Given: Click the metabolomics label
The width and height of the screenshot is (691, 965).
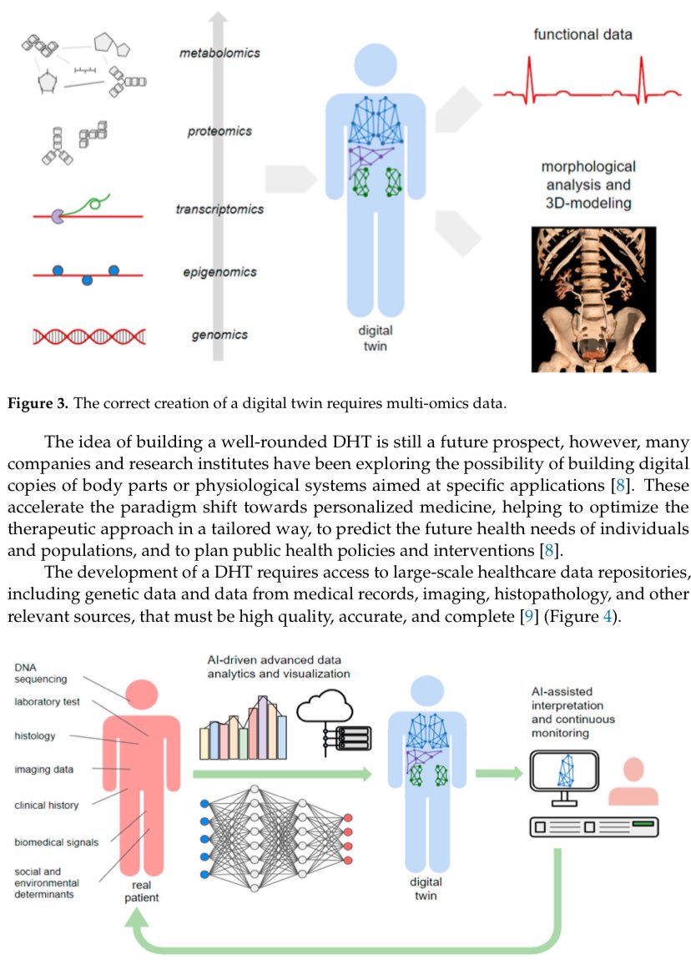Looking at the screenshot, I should [x=219, y=53].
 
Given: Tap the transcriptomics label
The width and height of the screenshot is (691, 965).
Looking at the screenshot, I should [x=220, y=210].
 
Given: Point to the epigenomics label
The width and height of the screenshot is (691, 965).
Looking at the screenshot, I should [x=219, y=272].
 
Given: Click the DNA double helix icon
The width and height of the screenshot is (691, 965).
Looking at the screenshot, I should [x=89, y=336].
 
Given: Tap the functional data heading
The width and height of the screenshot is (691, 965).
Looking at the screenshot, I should [x=583, y=35].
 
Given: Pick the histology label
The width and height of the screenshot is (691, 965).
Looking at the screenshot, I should [x=35, y=736].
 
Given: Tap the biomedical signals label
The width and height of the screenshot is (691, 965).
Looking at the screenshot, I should [x=57, y=841].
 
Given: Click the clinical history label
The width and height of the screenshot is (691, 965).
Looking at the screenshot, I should [x=47, y=806].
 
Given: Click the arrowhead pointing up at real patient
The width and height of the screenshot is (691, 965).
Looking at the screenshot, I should [x=138, y=920].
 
